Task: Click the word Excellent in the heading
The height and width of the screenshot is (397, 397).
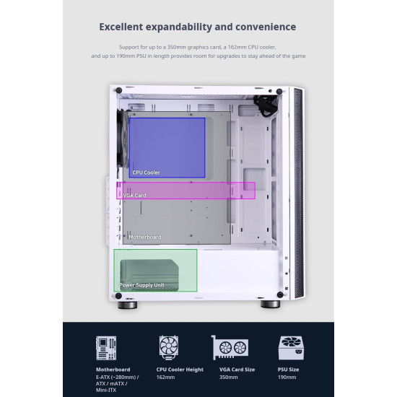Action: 121,27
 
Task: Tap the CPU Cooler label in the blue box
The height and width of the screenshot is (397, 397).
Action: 146,173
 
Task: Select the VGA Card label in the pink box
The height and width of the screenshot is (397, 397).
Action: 134,196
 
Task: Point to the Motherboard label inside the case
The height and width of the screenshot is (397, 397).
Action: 145,237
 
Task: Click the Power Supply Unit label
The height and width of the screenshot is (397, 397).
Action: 141,285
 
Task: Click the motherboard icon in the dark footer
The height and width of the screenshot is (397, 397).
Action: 106,348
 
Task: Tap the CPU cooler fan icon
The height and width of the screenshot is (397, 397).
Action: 169,347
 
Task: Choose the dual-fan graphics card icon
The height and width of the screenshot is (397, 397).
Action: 230,347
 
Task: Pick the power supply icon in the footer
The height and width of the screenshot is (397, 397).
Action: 291,348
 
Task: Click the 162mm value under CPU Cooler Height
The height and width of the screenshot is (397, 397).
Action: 165,378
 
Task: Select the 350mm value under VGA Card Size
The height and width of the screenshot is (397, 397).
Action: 228,378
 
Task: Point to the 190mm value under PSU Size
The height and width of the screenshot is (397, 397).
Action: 287,378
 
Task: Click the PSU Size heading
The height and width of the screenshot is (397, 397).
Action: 288,370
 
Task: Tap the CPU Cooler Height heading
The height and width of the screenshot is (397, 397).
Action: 180,370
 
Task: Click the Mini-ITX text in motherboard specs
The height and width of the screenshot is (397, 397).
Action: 106,391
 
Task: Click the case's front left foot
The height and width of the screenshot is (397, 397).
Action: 128,305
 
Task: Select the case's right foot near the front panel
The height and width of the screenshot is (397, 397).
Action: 271,304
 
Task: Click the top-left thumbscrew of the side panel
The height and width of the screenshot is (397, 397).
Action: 119,90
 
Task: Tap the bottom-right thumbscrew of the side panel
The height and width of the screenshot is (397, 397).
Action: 280,295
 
